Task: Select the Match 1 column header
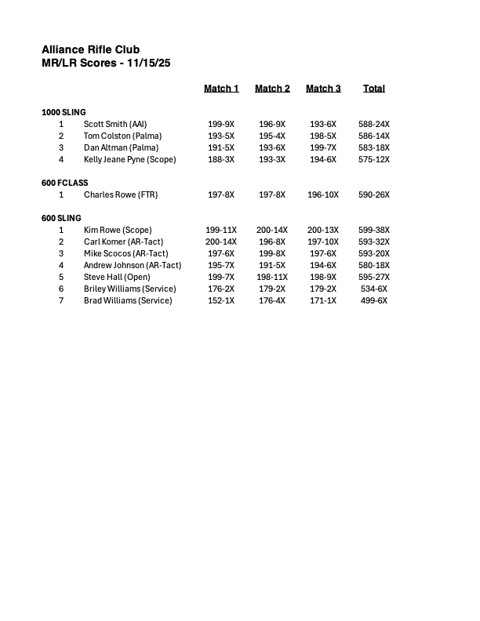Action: [221, 89]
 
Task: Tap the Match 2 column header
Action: [272, 89]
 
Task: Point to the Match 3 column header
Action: [323, 89]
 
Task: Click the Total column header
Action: [374, 89]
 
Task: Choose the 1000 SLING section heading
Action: [64, 112]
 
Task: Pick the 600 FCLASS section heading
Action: [65, 183]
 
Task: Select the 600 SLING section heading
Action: [61, 218]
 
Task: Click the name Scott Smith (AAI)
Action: [115, 124]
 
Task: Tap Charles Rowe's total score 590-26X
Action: [374, 194]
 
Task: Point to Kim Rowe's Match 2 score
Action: [272, 230]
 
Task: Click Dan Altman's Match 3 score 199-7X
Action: [323, 147]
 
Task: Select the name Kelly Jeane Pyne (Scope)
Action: [130, 159]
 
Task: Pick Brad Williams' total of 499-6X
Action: [374, 300]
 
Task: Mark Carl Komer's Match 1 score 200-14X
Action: [221, 241]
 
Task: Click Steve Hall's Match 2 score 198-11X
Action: [272, 277]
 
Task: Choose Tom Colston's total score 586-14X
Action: [374, 136]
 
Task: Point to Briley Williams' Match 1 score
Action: [221, 289]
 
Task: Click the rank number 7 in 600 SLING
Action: [61, 300]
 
